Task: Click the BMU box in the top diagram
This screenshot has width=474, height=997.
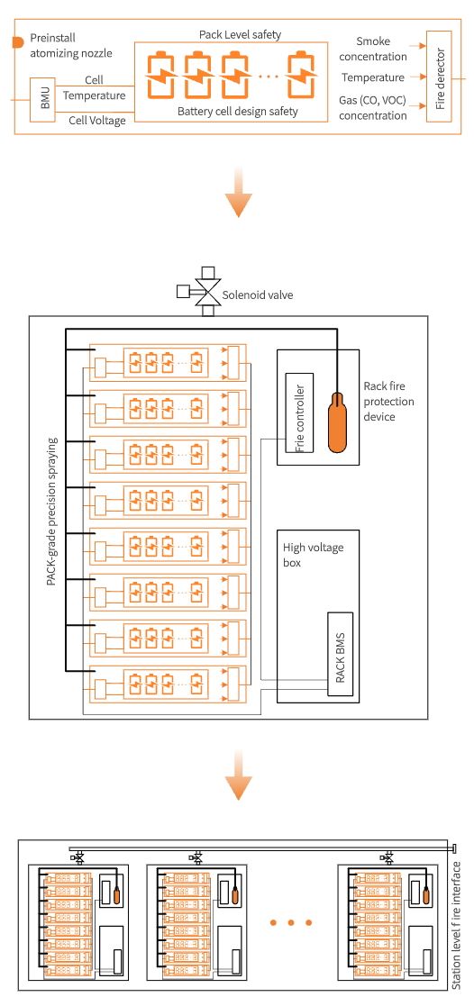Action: tap(44, 100)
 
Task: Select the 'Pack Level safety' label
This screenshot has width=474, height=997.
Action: tap(240, 34)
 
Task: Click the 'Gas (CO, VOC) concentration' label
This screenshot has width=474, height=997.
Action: tap(373, 108)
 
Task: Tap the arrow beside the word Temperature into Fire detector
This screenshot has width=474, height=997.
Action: tap(417, 77)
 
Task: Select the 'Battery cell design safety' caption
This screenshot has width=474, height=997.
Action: tap(238, 112)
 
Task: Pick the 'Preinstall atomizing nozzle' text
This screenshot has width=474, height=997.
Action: tap(71, 46)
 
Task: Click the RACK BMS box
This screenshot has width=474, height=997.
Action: tap(341, 654)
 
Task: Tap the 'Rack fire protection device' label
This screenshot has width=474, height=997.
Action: tap(388, 401)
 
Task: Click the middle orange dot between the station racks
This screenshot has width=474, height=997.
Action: tap(291, 922)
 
